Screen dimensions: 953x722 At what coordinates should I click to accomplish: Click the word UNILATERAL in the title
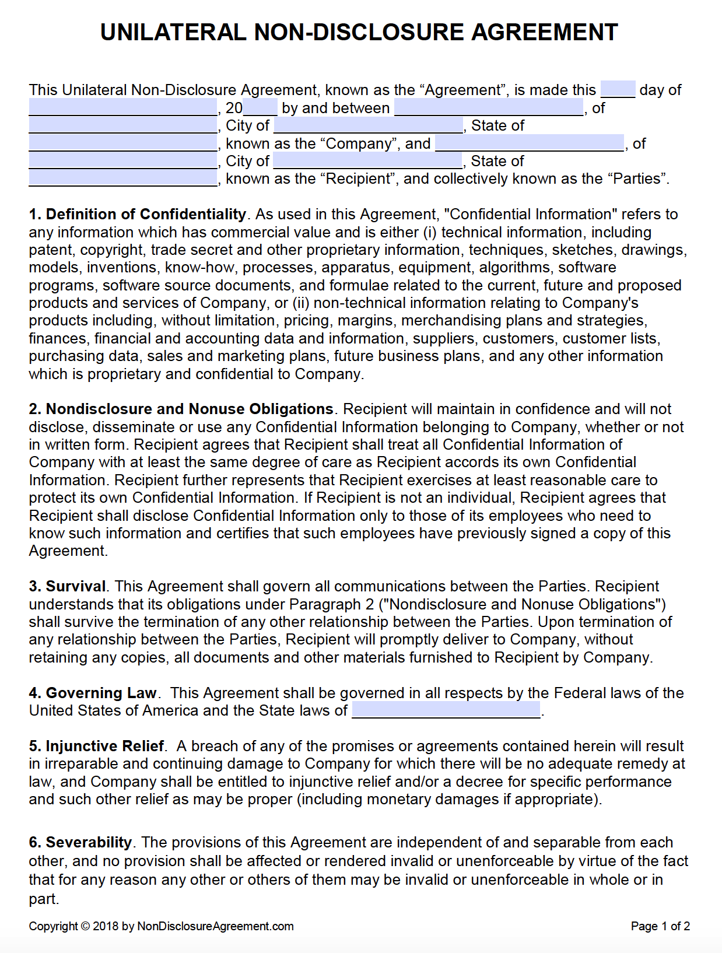coord(173,32)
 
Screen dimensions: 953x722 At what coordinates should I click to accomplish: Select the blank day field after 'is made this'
coord(618,90)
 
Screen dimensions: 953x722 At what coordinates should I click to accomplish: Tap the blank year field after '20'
coord(260,108)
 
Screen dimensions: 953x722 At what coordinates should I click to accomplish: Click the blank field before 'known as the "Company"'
coord(122,143)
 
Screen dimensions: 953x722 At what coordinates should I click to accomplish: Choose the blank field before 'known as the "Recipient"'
coord(122,179)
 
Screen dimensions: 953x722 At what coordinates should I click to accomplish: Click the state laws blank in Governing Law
coord(446,710)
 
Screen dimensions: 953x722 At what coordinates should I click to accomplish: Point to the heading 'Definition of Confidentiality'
coord(146,215)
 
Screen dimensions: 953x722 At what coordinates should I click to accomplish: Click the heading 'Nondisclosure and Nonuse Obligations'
coord(190,409)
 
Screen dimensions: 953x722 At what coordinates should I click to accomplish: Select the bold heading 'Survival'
coord(76,587)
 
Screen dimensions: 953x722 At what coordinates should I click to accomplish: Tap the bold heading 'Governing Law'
coord(101,693)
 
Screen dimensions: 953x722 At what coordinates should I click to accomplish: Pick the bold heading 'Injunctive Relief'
coord(105,746)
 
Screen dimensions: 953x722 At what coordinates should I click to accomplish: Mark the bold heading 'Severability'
coord(89,843)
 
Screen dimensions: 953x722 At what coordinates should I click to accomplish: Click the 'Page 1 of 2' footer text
coord(660,926)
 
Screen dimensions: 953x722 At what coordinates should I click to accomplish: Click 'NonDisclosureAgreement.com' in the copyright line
coord(215,926)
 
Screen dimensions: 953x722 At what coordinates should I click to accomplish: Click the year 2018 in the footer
coord(106,926)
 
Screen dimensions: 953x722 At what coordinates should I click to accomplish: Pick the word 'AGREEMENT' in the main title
coord(545,32)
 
